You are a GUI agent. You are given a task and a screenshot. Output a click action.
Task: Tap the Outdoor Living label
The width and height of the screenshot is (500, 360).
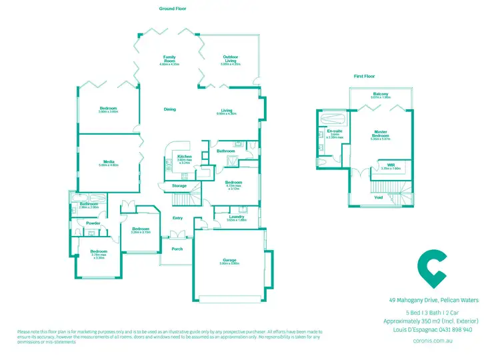click(231, 59)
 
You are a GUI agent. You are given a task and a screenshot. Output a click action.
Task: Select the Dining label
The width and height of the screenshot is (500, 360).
click(170, 109)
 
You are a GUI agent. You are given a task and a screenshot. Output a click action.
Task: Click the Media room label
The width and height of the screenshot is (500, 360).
click(109, 162)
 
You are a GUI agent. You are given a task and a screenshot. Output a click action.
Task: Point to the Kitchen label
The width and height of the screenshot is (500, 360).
click(185, 157)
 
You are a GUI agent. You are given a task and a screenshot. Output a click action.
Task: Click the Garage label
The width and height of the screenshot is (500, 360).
click(230, 261)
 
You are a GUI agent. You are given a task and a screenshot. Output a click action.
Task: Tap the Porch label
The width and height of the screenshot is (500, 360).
click(177, 249)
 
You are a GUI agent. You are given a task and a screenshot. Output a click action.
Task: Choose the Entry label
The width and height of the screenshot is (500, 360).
click(178, 217)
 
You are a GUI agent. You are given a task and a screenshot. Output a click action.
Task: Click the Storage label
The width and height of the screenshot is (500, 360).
click(179, 185)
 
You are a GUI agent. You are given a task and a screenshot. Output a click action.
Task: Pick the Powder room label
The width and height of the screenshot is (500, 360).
click(93, 223)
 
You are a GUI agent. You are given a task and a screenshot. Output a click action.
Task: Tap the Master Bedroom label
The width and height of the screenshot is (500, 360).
click(381, 133)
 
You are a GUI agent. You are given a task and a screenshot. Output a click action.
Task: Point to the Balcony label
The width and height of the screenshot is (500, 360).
click(381, 94)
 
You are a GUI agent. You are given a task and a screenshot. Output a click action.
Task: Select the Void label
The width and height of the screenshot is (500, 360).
click(378, 197)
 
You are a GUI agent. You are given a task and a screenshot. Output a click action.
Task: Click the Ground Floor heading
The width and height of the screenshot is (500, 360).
click(171, 9)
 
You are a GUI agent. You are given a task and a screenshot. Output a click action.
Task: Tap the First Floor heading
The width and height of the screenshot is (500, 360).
click(365, 77)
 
